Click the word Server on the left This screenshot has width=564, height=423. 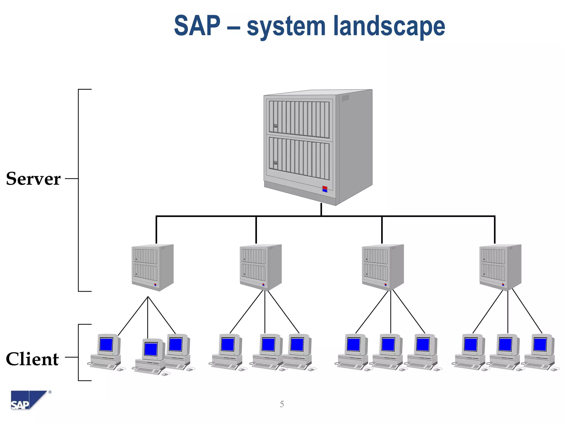click(x=33, y=179)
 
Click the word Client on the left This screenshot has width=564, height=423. click(x=32, y=359)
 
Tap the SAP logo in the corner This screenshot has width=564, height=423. click(x=29, y=400)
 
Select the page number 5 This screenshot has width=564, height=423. click(x=282, y=404)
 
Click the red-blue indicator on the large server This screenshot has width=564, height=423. click(x=325, y=189)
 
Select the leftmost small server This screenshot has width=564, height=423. click(x=152, y=267)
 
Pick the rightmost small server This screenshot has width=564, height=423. click(x=500, y=267)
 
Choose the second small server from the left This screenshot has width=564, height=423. click(x=261, y=267)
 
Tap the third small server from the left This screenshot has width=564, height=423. click(x=383, y=267)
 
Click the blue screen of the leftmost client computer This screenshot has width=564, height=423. click(x=106, y=344)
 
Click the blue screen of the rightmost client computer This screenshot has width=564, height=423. click(x=540, y=344)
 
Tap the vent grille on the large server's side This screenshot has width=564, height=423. click(x=345, y=98)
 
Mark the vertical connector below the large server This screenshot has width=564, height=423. click(x=321, y=209)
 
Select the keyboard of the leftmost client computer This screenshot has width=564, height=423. click(x=103, y=366)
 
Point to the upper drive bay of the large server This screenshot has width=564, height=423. click(x=299, y=119)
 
